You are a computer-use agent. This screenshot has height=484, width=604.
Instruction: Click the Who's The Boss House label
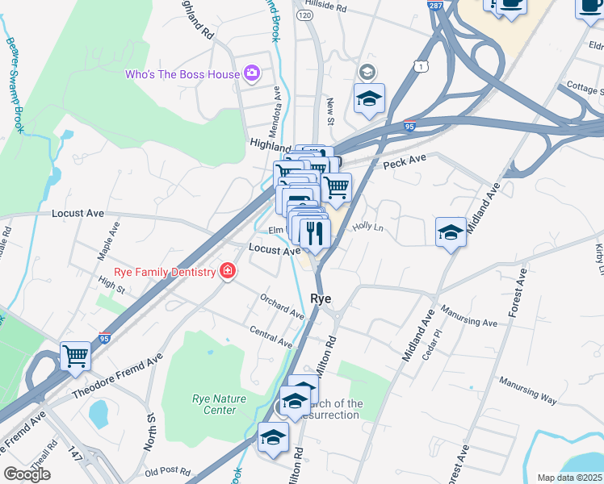coord(182,74)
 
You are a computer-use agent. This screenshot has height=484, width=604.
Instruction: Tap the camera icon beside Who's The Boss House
coord(252,74)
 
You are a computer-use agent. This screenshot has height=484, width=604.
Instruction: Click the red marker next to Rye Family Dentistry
coord(229,271)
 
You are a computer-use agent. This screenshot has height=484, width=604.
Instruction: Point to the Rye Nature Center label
coord(214,404)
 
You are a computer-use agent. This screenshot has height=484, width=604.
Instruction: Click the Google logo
coord(27,474)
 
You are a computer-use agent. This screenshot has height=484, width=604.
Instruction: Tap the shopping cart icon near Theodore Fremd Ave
coord(75,356)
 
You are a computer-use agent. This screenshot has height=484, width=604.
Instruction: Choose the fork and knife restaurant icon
coord(314,233)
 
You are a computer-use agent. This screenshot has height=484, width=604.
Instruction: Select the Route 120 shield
coord(304,15)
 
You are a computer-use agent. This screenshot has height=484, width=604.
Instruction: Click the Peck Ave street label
coord(404,163)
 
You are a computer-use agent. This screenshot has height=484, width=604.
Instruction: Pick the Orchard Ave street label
coord(282,306)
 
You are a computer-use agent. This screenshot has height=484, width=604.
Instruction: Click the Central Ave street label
coord(271,337)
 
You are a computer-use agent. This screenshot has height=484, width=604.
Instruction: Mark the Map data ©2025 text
coord(570,478)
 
